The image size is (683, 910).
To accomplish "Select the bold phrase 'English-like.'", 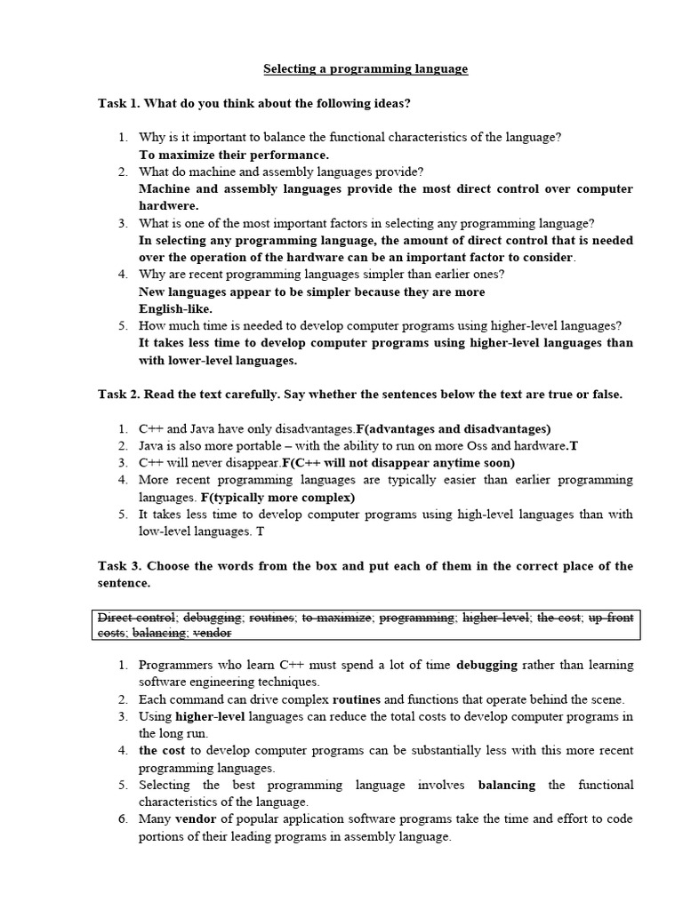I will pyautogui.click(x=175, y=308).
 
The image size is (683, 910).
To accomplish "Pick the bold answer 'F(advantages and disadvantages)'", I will pyautogui.click(x=454, y=428).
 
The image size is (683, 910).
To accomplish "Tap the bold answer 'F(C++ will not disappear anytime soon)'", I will pyautogui.click(x=398, y=463).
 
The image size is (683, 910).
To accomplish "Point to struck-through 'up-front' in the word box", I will pyautogui.click(x=611, y=617).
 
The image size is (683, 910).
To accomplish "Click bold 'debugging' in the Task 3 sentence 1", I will pyautogui.click(x=487, y=665).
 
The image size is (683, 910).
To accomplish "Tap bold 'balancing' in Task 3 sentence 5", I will pyautogui.click(x=507, y=785).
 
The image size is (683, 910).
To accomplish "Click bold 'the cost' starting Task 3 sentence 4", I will pyautogui.click(x=163, y=751).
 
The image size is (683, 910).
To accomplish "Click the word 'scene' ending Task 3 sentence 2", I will pyautogui.click(x=607, y=699).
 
